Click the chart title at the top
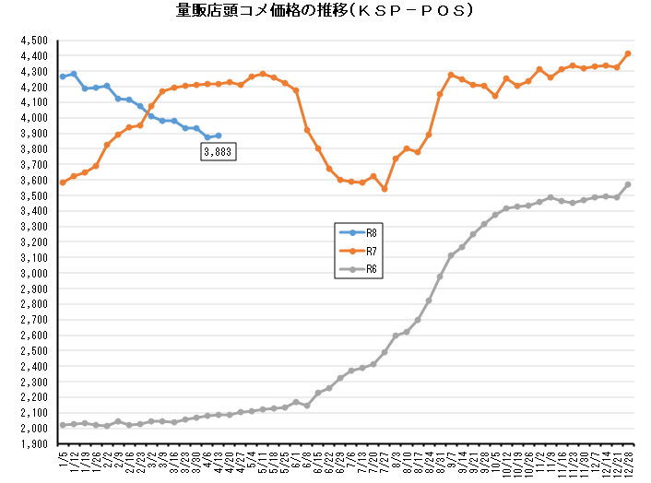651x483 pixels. pyautogui.click(x=325, y=12)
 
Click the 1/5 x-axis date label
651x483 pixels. pyautogui.click(x=63, y=457)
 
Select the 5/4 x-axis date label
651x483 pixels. pyautogui.click(x=252, y=457)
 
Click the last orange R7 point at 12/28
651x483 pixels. pyautogui.click(x=628, y=53)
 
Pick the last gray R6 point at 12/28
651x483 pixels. pyautogui.click(x=628, y=184)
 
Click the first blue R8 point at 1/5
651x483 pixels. pyautogui.click(x=63, y=77)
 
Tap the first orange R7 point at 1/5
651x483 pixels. pyautogui.click(x=63, y=183)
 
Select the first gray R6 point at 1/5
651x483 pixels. pyautogui.click(x=63, y=425)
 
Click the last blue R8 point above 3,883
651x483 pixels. pyautogui.click(x=218, y=135)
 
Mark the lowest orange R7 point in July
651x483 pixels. pyautogui.click(x=385, y=189)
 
